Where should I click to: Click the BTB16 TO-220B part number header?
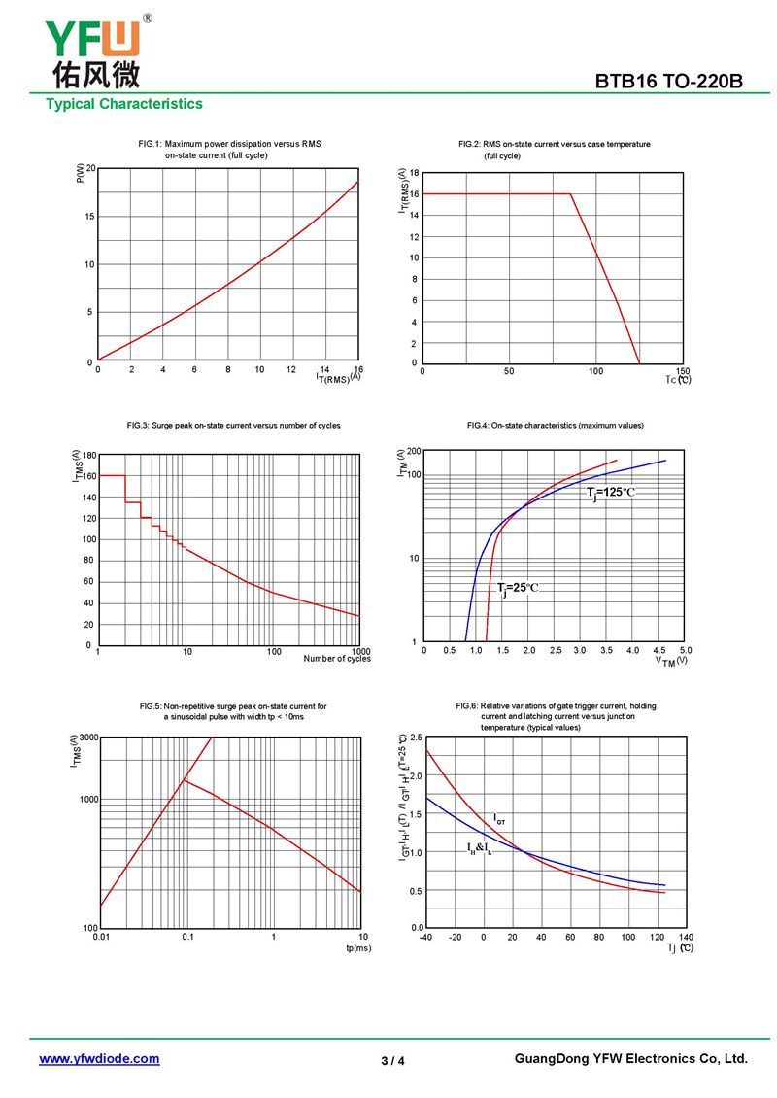click(x=669, y=82)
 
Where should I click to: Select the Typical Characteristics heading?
click(x=124, y=104)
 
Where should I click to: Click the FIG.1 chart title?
click(x=229, y=150)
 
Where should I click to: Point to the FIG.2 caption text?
click(x=554, y=150)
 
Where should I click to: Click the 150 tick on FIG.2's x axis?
click(x=682, y=371)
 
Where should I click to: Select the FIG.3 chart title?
click(x=233, y=426)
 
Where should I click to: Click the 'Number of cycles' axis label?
click(x=337, y=659)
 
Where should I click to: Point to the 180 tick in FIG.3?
click(x=88, y=455)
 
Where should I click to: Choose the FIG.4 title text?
click(x=555, y=426)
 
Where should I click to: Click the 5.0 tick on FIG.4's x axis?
click(x=685, y=650)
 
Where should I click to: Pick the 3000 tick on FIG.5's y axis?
click(x=86, y=738)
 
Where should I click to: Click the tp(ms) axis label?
click(x=358, y=947)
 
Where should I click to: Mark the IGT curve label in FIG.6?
click(x=499, y=820)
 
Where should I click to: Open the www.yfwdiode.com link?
click(x=99, y=1059)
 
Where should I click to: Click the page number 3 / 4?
click(x=392, y=1061)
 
